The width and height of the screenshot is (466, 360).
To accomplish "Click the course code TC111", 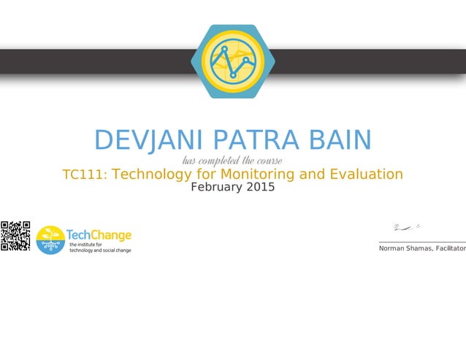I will pyautogui.click(x=84, y=175).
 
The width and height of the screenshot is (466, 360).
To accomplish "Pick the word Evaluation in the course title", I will pyautogui.click(x=362, y=175).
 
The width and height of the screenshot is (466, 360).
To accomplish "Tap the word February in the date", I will pyautogui.click(x=215, y=187).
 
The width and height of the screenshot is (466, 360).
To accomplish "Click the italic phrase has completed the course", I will pyautogui.click(x=232, y=160).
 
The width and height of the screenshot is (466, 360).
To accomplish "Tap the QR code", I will pyautogui.click(x=15, y=237).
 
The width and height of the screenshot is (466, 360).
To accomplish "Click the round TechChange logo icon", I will pyautogui.click(x=50, y=240).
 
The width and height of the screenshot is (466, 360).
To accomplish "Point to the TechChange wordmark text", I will pyautogui.click(x=99, y=234).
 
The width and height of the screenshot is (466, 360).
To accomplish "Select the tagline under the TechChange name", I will pyautogui.click(x=100, y=247).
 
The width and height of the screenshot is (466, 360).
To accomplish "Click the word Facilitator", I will pyautogui.click(x=451, y=249).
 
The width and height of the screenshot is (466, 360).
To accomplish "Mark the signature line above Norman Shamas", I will pyautogui.click(x=422, y=242).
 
